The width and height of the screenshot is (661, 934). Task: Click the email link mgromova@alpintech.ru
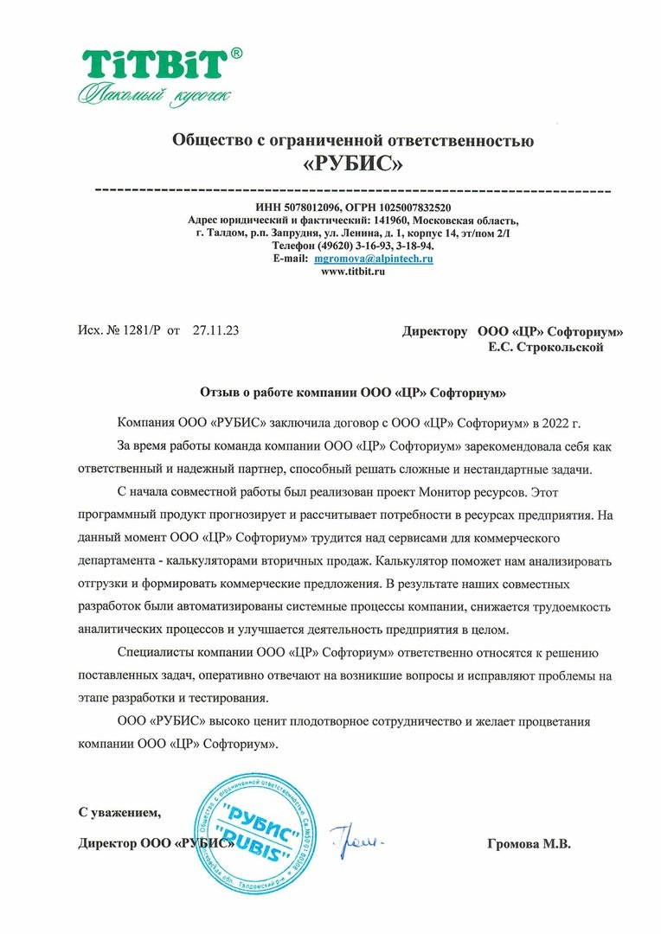point(374,259)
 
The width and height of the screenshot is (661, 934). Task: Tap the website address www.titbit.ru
point(352,271)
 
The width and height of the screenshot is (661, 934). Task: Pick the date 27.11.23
point(216,330)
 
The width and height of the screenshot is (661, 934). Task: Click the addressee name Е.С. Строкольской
point(546,347)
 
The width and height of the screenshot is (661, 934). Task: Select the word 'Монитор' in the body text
point(450,492)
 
